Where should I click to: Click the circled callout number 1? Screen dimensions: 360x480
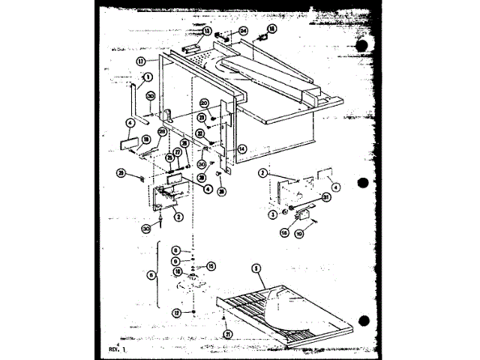tap(148, 76)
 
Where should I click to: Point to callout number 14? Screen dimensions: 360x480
tap(241, 148)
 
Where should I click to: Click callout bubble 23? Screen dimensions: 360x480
tap(202, 117)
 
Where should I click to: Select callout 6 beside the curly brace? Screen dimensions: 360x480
tap(154, 275)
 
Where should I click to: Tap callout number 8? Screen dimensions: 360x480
tap(175, 250)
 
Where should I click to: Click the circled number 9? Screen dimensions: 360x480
tap(175, 260)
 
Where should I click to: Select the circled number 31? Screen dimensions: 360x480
tap(326, 198)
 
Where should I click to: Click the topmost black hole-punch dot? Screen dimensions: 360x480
tap(364, 43)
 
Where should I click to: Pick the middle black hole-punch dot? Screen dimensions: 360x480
tap(364, 183)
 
